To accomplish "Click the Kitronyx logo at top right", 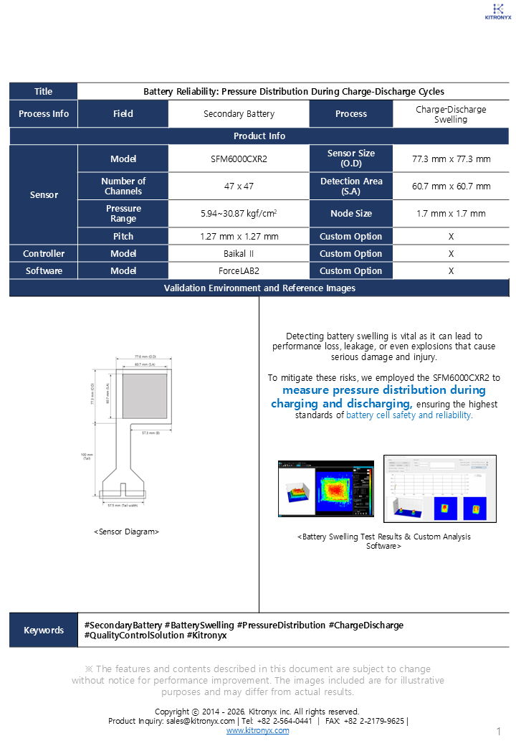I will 498,10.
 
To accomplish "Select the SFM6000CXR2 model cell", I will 239,159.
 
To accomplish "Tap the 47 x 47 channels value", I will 239,186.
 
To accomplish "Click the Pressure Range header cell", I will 123,213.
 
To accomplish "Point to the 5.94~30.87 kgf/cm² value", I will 239,213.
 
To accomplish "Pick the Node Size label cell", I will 351,213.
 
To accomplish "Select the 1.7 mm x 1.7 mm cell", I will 451,213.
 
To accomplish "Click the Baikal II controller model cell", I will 239,253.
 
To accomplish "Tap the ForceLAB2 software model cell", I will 239,270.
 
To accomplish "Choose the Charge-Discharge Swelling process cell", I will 451,114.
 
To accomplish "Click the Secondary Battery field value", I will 239,113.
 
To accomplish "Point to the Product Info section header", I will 259,136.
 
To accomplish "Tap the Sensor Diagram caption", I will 126,532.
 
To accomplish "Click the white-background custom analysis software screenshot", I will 439,488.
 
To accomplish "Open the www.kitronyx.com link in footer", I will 258,730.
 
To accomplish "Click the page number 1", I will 498,731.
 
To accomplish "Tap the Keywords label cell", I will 44,630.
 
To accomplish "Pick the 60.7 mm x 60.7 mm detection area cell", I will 451,186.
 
